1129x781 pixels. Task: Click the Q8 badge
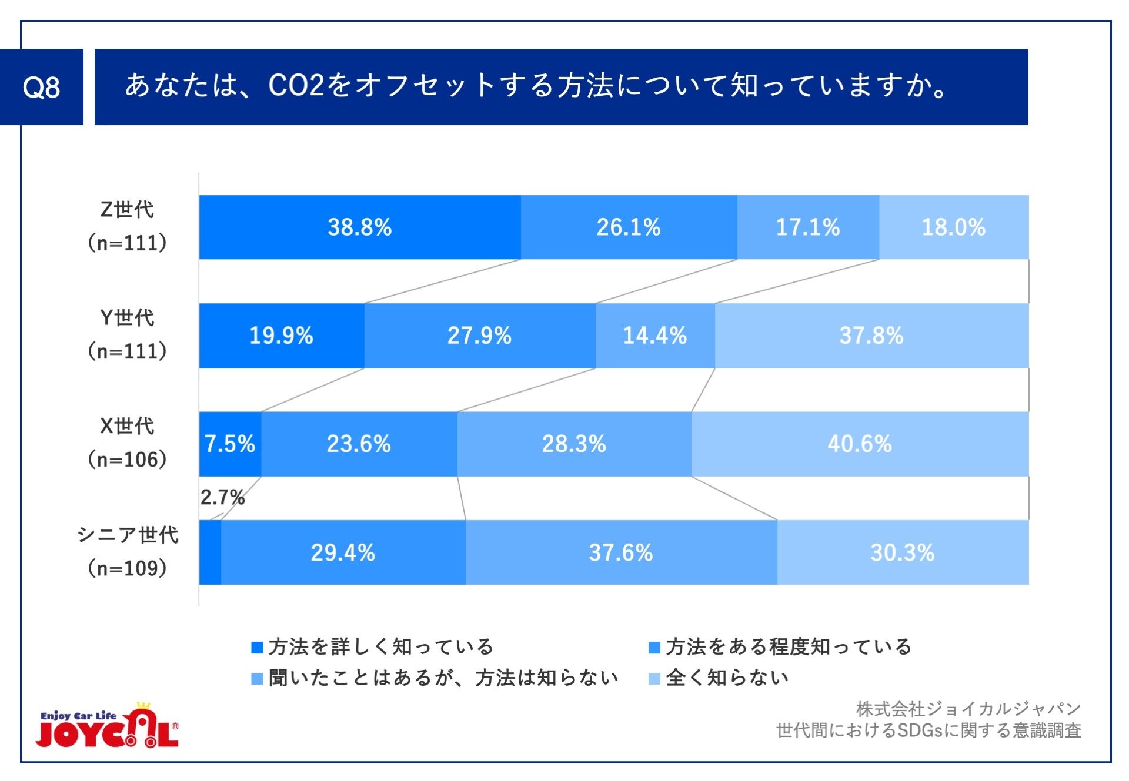(x=41, y=87)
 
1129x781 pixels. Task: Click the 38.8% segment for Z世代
(x=359, y=227)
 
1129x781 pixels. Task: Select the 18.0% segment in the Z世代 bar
(x=953, y=227)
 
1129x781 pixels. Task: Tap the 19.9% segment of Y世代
(x=281, y=336)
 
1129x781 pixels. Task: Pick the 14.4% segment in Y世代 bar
(x=654, y=336)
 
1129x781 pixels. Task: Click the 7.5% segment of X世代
(x=229, y=444)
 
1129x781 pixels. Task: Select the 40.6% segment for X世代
(x=859, y=444)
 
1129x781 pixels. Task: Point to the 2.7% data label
(x=222, y=498)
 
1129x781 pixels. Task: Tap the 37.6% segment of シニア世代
(x=620, y=552)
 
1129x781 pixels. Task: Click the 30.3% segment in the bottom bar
(x=902, y=552)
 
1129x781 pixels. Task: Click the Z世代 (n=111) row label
(x=127, y=226)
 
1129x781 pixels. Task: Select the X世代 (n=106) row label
(x=127, y=443)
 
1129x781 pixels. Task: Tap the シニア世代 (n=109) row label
(x=127, y=551)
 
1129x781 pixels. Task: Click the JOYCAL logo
(x=108, y=727)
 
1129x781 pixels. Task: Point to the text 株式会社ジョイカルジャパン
(x=968, y=709)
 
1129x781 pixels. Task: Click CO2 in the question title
(x=296, y=86)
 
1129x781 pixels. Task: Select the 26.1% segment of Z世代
(x=628, y=227)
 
